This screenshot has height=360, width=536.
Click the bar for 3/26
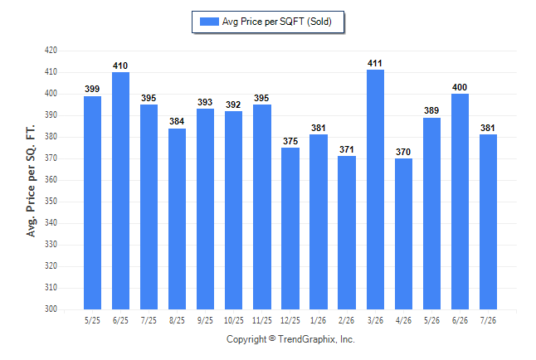(375, 189)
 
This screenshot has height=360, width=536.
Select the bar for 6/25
(120, 191)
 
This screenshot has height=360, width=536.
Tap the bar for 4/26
(404, 234)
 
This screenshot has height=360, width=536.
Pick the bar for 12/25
(290, 228)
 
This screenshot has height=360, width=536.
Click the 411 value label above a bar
(375, 64)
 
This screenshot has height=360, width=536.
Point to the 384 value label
(177, 121)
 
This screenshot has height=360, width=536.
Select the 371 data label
(346, 150)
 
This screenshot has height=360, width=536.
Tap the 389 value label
(431, 111)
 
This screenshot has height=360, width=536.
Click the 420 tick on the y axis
(51, 51)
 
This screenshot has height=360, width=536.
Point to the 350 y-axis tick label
(51, 201)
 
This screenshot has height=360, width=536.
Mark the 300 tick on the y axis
(51, 309)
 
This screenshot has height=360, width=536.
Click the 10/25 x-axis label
(234, 321)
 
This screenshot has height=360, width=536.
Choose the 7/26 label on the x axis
(488, 321)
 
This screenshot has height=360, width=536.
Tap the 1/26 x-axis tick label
(319, 321)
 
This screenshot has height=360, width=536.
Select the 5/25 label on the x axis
(92, 321)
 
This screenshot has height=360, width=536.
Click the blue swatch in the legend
(209, 22)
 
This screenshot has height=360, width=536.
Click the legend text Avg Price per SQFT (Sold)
(277, 22)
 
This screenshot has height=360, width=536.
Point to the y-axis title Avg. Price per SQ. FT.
(31, 181)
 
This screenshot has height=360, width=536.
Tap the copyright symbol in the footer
(272, 338)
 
